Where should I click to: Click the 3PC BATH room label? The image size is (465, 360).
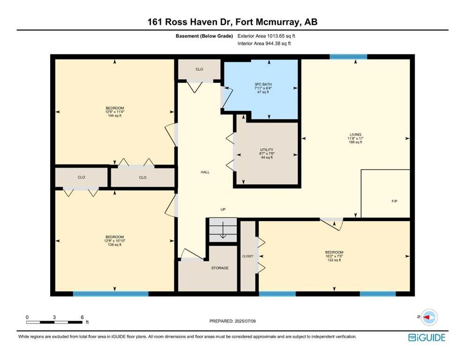pos(263,84)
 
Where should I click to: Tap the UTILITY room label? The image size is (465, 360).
pos(266,150)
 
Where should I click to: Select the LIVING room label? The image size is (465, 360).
pos(355,135)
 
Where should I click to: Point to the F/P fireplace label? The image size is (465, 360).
pos(394,201)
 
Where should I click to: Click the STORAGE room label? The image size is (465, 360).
pos(220,268)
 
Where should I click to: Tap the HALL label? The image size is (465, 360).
pos(205,172)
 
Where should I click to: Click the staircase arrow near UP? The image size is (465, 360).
pos(223,231)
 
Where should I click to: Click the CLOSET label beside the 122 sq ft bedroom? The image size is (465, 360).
pos(248,256)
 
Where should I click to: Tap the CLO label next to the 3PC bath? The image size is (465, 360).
pos(199,69)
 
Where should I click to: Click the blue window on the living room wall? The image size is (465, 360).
pos(348,57)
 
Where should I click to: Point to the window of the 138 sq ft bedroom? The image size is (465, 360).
pos(111,294)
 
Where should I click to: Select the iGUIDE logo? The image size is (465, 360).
pos(427,337)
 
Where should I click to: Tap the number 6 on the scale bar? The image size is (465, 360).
pos(82,317)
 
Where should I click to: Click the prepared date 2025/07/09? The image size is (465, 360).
pos(245,321)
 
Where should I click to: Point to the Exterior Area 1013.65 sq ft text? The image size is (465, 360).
pos(266,36)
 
